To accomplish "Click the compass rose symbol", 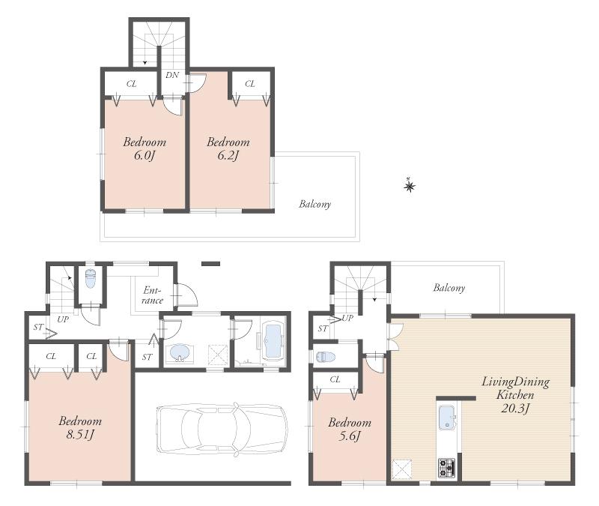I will click(x=409, y=185).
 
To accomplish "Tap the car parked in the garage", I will click(x=222, y=429).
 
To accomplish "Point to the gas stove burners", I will click(x=447, y=468).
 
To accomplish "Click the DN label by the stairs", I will click(x=171, y=76).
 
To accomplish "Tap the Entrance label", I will click(x=152, y=295).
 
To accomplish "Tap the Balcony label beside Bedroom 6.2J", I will click(x=314, y=204).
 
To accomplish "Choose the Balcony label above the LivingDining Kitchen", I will click(x=449, y=288).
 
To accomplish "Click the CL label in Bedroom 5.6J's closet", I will click(x=335, y=380).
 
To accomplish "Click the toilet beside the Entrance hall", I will click(x=91, y=279).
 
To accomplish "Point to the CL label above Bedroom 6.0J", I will click(x=131, y=84).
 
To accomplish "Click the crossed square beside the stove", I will click(x=403, y=469).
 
